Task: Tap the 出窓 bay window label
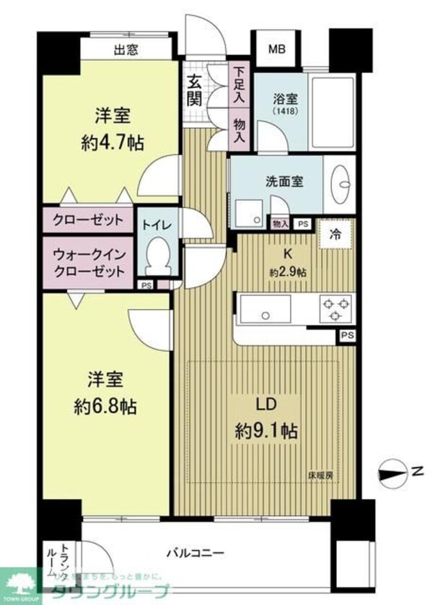click(126, 50)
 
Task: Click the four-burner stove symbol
click(334, 309)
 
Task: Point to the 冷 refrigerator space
click(336, 234)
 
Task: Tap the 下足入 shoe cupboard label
click(239, 82)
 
